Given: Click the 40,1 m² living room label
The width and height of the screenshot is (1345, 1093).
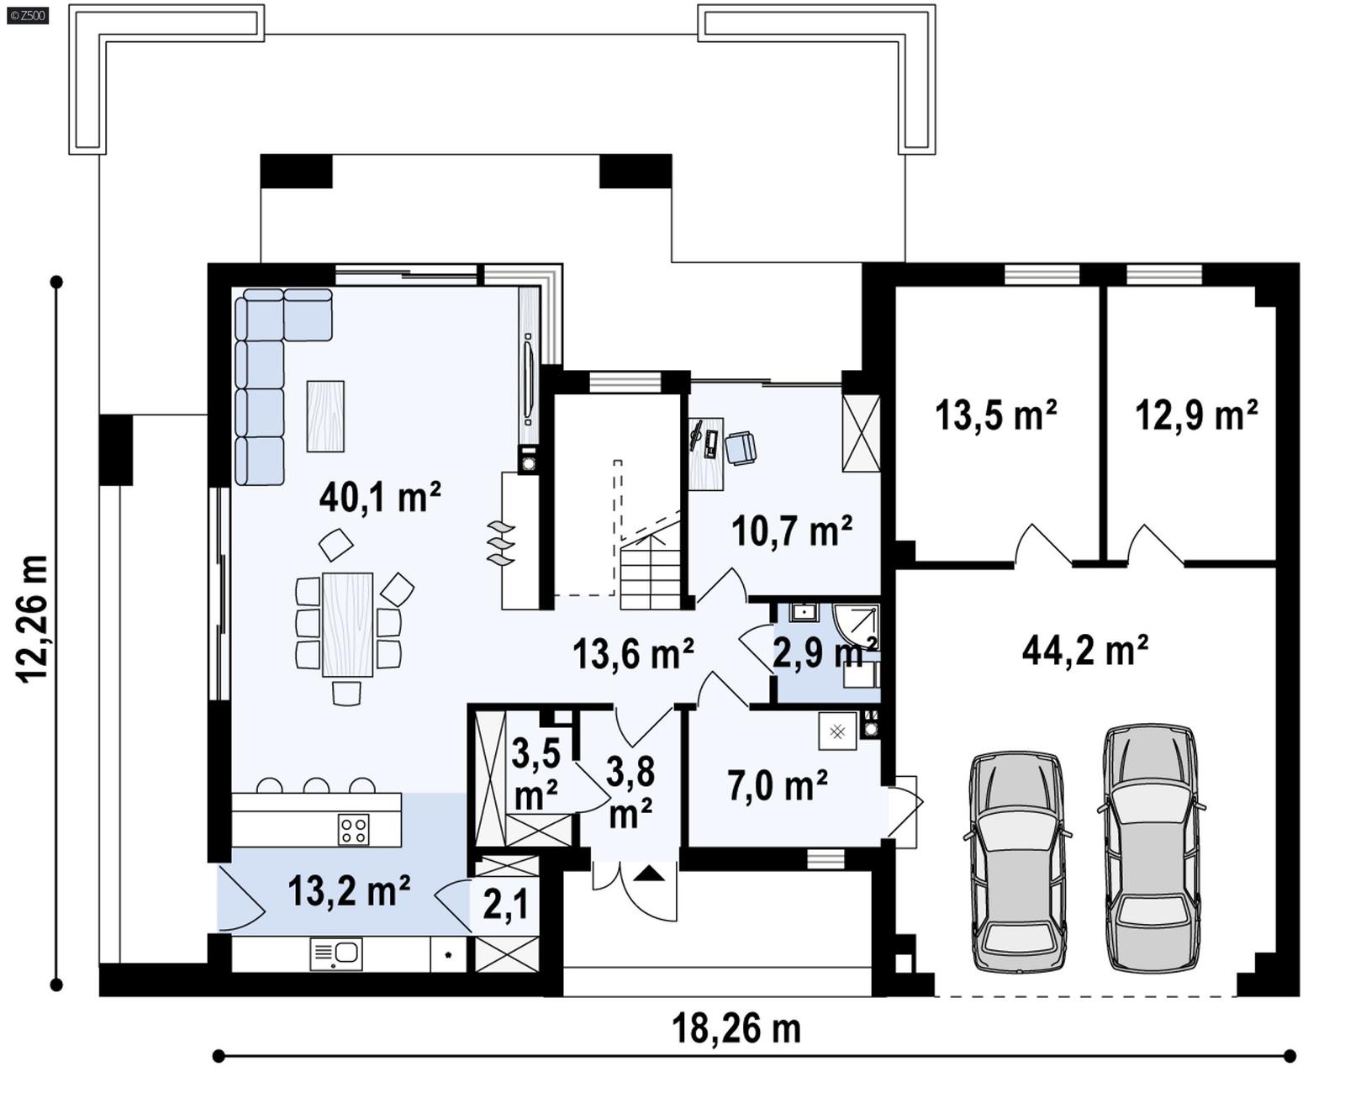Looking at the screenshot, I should (380, 498).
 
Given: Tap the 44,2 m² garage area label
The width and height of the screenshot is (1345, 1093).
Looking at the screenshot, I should (1084, 650).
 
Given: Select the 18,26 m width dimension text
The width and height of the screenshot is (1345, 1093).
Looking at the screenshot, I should (736, 1028).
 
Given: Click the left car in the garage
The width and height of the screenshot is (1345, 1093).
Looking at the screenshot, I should (1018, 862).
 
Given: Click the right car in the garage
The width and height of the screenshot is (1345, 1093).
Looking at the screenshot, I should (1151, 847).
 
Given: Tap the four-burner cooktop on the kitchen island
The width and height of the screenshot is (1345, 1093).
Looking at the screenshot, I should (353, 830).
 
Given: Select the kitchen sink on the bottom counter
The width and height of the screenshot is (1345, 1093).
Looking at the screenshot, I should (336, 953).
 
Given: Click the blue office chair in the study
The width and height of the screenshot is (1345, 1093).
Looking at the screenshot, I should (740, 447).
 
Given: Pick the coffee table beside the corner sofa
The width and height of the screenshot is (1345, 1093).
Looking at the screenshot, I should (325, 416).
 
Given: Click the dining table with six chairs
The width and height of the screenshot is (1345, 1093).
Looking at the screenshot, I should (347, 625).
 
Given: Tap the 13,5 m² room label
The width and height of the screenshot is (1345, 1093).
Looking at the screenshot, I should (995, 415).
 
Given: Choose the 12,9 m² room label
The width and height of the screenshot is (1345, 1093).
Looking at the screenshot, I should (1195, 415).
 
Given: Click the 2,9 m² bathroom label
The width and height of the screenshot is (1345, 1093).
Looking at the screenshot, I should (824, 652).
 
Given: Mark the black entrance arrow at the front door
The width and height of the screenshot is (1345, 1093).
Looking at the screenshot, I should (649, 874).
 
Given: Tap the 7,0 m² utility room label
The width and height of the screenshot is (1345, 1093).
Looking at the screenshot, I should (777, 786).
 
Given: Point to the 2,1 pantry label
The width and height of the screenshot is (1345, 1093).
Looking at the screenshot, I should (506, 905).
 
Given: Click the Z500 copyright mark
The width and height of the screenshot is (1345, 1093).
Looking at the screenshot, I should (28, 14).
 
